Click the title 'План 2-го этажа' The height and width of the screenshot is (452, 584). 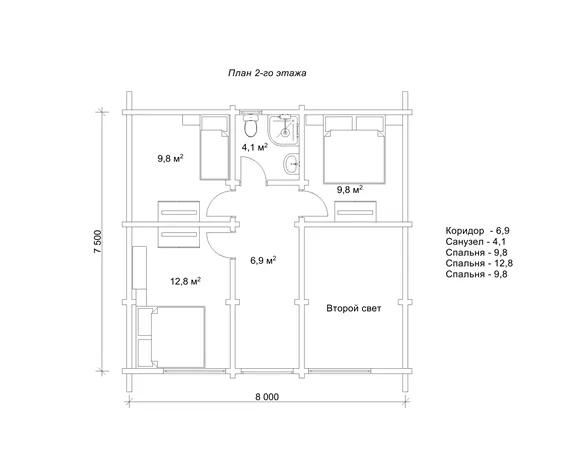[x=267, y=73]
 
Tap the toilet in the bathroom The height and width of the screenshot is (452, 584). [x=250, y=125]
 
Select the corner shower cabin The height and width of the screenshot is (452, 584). [x=283, y=130]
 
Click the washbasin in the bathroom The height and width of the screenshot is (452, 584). [x=291, y=164]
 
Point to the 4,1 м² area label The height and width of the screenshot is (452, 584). [x=255, y=147]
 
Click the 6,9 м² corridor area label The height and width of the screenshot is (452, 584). [x=263, y=260]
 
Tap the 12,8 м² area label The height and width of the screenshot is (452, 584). [x=185, y=281]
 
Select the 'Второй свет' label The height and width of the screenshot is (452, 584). [x=354, y=308]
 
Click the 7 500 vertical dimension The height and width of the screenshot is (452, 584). [x=98, y=242]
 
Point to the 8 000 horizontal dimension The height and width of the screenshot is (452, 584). [x=267, y=397]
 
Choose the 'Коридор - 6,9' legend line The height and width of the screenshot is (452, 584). [x=477, y=231]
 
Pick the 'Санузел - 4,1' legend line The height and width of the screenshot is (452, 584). [x=476, y=242]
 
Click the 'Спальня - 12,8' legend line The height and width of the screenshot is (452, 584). [x=479, y=263]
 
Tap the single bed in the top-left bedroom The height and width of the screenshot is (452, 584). [x=215, y=148]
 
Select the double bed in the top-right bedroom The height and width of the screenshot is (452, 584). [x=354, y=150]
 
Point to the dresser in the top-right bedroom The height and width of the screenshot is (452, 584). [x=356, y=212]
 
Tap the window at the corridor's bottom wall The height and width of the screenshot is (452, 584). [x=267, y=371]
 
